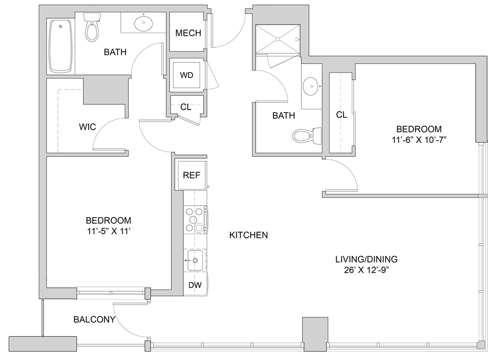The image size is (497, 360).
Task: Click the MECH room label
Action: click(188, 33)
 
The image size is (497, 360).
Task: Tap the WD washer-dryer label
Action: click(187, 75)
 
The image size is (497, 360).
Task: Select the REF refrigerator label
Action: click(191, 175)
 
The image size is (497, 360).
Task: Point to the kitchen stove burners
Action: click(195, 220)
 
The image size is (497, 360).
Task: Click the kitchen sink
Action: click(196, 260)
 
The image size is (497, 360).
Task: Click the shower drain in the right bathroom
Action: click(278, 39)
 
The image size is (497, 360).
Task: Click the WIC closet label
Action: click(87, 127)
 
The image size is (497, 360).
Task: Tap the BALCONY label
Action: click(94, 319)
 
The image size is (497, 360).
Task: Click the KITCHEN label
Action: click(248, 235)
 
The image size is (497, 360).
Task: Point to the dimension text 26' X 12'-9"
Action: click(366, 270)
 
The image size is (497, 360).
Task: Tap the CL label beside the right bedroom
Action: click(341, 115)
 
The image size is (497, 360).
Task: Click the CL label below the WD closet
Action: click(186, 107)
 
